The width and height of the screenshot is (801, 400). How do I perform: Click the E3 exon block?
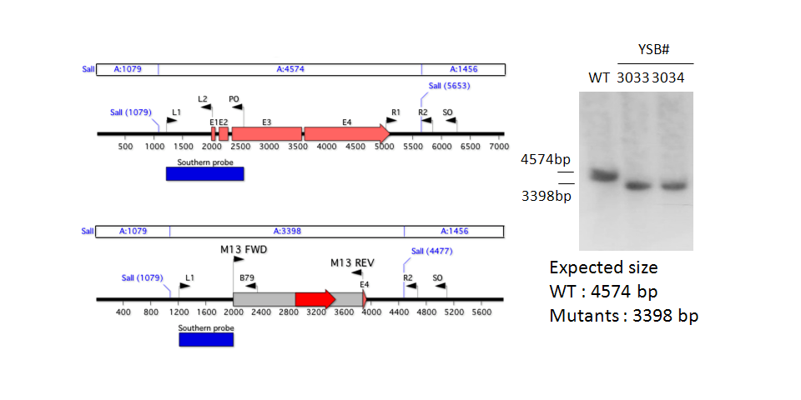click(x=267, y=133)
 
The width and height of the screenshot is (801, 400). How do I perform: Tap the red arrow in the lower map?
click(x=315, y=299)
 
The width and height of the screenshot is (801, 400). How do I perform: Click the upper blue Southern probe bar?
click(x=204, y=173)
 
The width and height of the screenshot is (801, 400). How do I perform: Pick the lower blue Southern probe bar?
click(x=206, y=339)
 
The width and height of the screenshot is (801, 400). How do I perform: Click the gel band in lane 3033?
click(x=640, y=185)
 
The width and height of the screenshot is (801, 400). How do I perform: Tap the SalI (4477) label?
click(x=431, y=251)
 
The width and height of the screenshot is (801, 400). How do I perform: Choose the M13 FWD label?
click(x=242, y=248)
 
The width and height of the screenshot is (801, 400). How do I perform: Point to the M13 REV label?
click(x=352, y=262)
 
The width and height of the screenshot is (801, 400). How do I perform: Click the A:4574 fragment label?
click(x=289, y=70)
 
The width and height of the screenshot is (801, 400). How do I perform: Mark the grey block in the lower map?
click(x=264, y=299)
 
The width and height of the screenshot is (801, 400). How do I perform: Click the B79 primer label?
click(x=247, y=279)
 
